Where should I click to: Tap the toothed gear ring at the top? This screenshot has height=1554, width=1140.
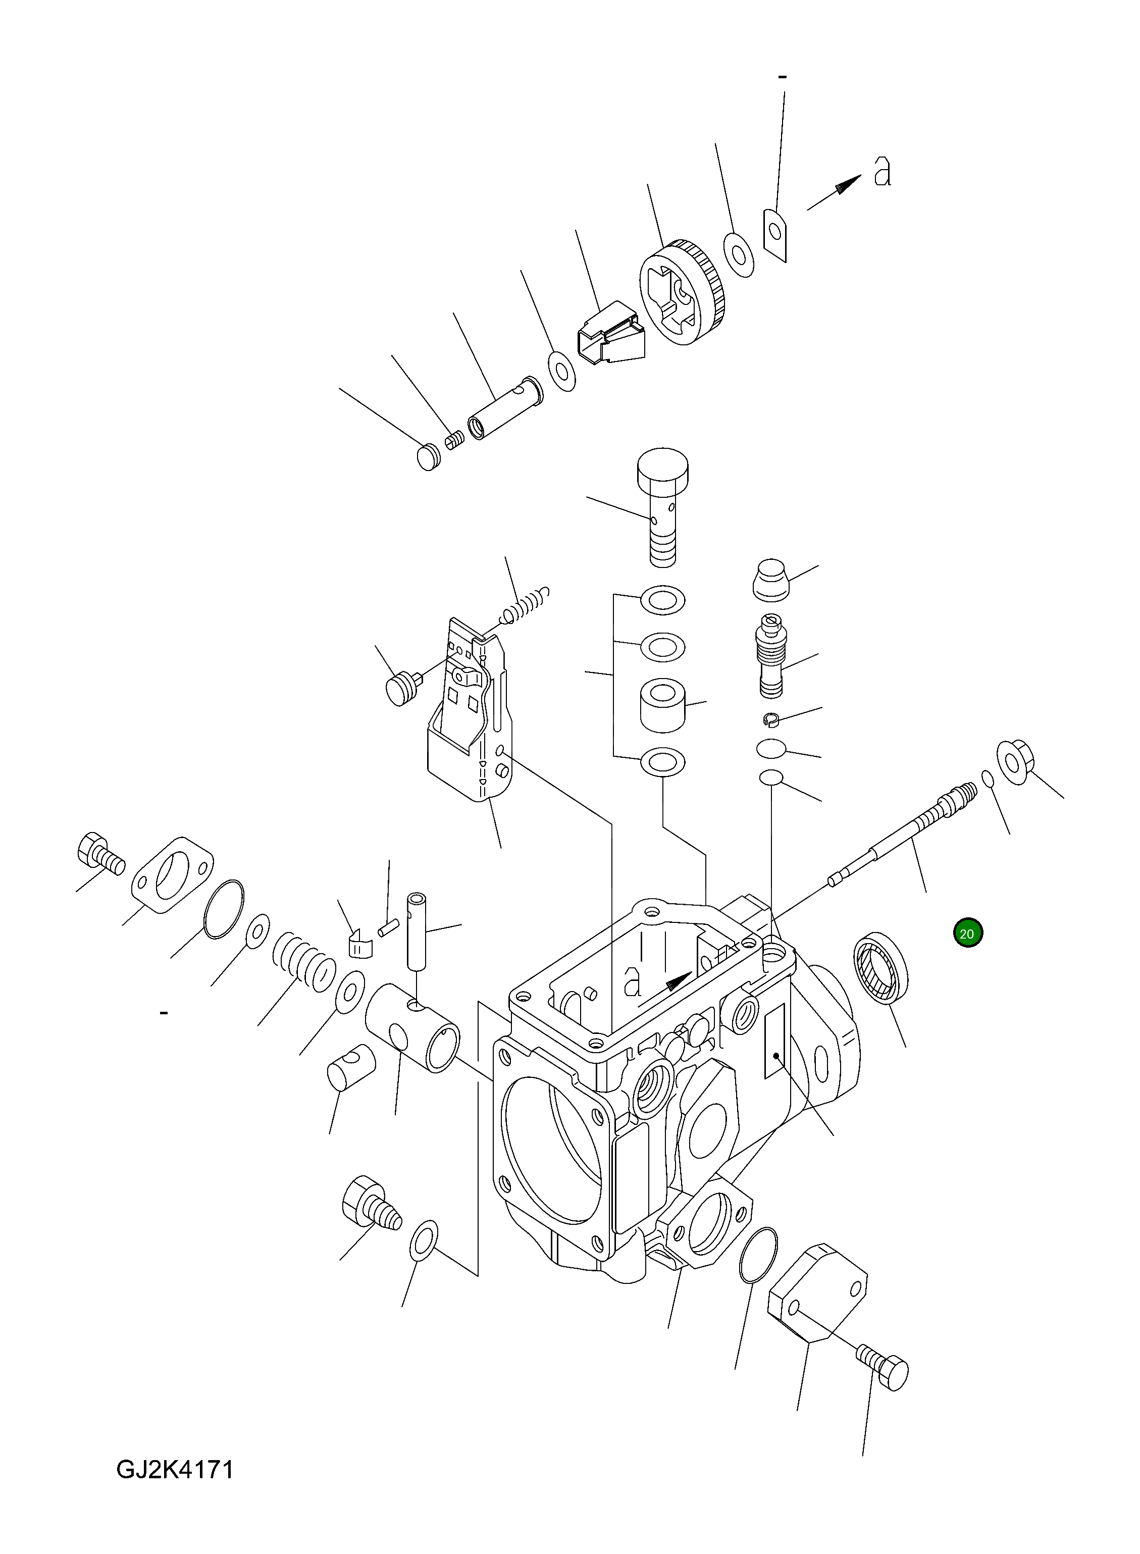[683, 293]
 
